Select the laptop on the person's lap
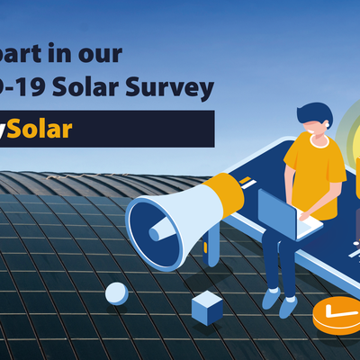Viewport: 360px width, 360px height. click(286, 213)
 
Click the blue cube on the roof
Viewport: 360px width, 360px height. click(207, 308)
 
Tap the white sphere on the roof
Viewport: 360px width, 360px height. click(116, 292)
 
